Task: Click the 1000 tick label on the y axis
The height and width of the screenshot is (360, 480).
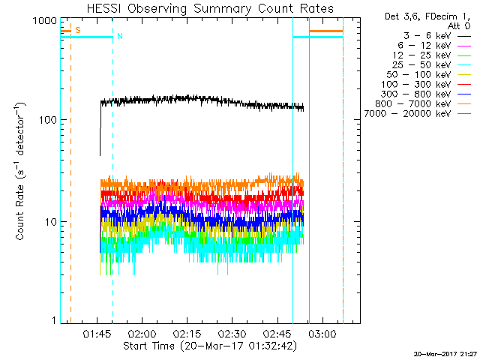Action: click(43, 21)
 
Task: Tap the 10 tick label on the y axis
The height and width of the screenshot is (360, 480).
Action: click(49, 222)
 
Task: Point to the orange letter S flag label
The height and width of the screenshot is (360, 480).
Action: click(78, 30)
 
